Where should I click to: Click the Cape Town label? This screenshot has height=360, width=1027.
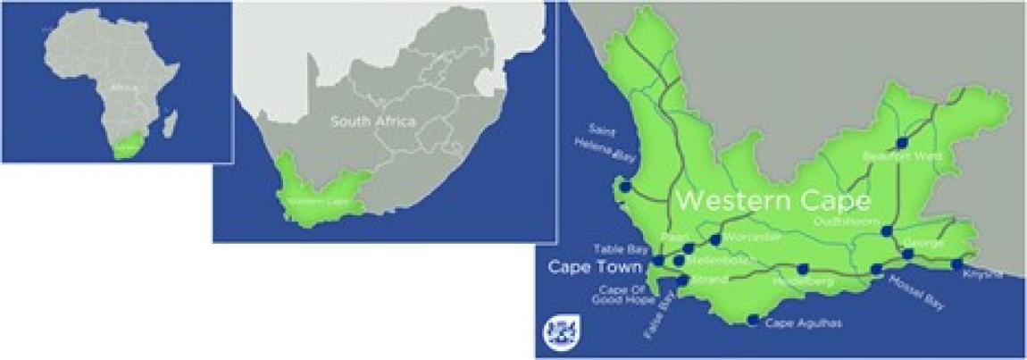pos(592,267)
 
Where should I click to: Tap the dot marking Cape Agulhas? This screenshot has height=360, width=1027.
pos(753,320)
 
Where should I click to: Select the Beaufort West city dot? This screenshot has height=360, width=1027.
pos(901,142)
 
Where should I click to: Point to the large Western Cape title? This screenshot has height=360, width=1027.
pos(772,199)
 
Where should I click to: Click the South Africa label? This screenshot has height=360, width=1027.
pos(372,121)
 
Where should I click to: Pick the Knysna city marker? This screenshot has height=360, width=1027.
pos(956,264)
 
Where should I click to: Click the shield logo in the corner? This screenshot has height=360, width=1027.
pos(555,330)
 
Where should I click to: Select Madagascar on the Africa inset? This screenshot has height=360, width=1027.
pos(171,121)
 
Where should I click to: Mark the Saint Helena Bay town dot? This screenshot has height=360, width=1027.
pos(625,188)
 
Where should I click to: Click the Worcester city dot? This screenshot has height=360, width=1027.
pos(715,239)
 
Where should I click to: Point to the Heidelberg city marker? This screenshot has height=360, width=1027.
pos(802,269)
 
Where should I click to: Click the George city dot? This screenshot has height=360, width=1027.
pos(907,254)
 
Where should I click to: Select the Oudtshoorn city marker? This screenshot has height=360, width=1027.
pos(886,230)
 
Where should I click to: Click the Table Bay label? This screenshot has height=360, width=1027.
pos(621,249)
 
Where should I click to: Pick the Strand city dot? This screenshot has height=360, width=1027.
pos(683,280)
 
